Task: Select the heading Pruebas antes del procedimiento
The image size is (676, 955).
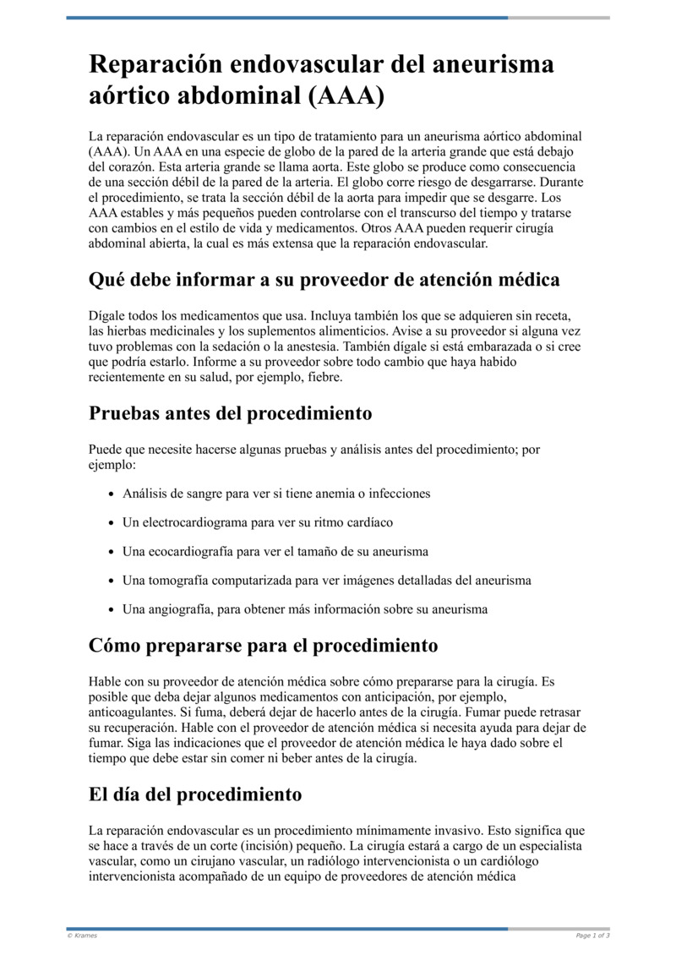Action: (x=230, y=414)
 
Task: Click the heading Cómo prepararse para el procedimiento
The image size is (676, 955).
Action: (x=263, y=646)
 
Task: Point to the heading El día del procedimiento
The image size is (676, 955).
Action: (x=195, y=794)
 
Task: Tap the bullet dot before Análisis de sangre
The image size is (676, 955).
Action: (x=112, y=494)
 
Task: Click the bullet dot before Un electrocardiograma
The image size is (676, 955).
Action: (x=112, y=523)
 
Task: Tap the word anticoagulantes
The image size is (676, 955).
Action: (x=130, y=712)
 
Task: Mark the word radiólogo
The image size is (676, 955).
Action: (x=358, y=861)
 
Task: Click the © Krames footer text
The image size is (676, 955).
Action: (x=82, y=936)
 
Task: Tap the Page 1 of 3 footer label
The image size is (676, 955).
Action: (x=592, y=936)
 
